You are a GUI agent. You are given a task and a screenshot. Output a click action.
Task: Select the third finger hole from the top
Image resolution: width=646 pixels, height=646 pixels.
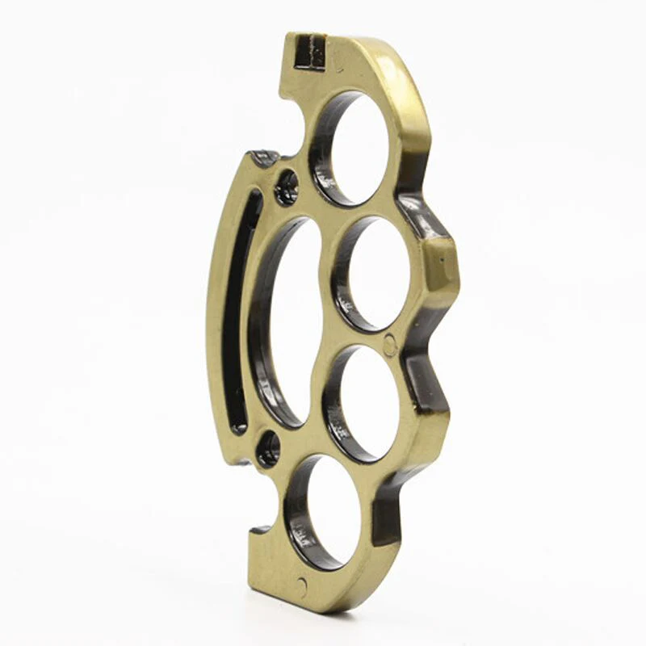pos(363,401)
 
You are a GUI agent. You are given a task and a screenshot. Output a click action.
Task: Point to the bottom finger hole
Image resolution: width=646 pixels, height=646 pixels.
pos(329,513)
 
